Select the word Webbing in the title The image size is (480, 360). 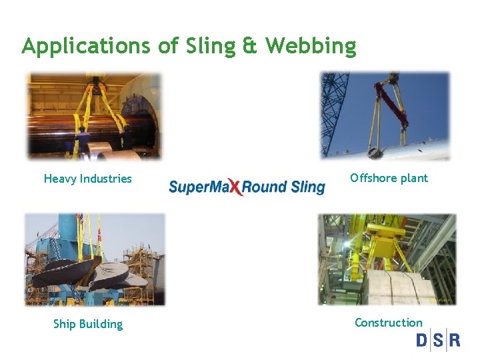(x=311, y=47)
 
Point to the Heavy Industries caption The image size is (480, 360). (x=88, y=179)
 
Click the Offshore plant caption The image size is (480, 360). (x=389, y=178)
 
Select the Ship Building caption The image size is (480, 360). (x=88, y=324)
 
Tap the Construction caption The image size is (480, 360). (x=389, y=323)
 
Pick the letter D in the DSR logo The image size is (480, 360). (x=423, y=341)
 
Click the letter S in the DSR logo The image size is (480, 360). (x=439, y=341)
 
